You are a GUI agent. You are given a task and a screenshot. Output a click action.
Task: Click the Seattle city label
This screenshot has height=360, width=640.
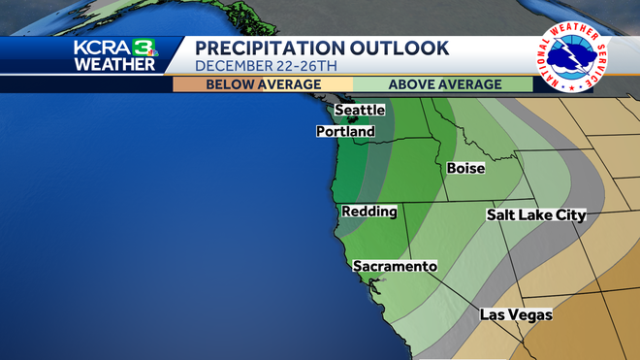(x=360, y=111)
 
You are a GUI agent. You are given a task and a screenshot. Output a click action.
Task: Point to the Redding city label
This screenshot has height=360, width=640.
(x=367, y=211)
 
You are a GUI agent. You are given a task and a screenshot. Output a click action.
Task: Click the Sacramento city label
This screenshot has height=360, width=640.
(x=395, y=266)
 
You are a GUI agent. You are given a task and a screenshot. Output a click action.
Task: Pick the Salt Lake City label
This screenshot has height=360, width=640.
(x=536, y=214)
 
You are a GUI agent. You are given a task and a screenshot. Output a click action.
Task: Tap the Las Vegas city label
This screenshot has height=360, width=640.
(x=516, y=314)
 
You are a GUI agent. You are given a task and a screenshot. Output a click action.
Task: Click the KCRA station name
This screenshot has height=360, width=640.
(x=103, y=49)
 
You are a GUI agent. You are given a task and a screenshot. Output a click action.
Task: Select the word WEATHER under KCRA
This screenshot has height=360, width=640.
(x=114, y=65)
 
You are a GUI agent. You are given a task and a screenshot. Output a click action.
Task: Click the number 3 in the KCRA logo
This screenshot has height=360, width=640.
(x=144, y=49)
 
